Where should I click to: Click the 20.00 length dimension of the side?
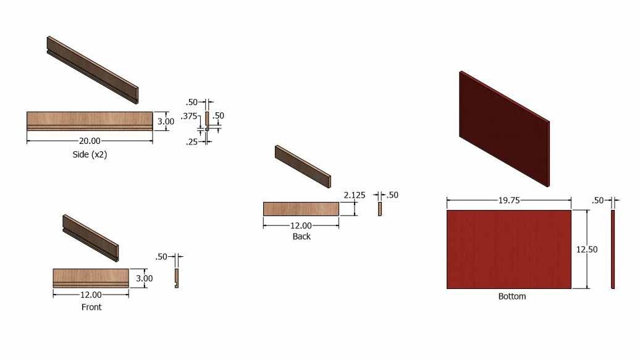coord(90,141)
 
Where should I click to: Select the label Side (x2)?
coord(90,154)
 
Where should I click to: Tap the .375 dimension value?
coord(189,116)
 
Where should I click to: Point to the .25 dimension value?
coord(192,142)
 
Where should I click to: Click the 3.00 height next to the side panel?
coord(166,121)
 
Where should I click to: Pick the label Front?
coord(91,307)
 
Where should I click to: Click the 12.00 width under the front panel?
coord(91,295)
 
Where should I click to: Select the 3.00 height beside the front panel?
coord(144,278)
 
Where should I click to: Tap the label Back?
coord(301,237)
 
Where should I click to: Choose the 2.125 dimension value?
coord(355,195)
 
